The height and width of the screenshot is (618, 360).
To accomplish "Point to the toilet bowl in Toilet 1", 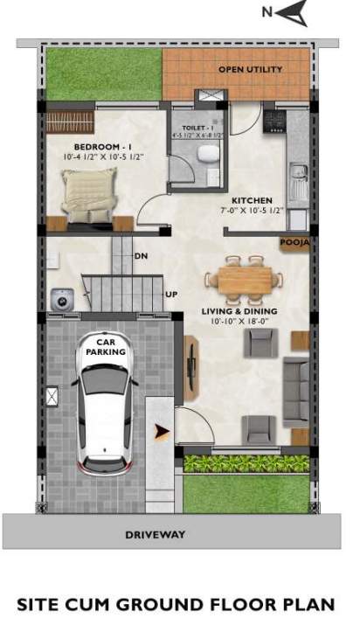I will point(207,155).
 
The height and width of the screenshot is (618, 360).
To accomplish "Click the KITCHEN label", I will point(251,200).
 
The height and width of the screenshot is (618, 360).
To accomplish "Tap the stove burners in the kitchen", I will point(274,118).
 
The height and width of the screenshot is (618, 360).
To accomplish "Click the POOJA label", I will point(294,245).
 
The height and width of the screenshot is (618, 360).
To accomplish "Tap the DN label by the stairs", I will point(142,256).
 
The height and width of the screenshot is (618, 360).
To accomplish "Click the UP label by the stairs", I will point(171,294).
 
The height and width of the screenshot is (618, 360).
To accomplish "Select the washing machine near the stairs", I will point(61,300).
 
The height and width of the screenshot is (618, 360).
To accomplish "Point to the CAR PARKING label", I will point(106,346).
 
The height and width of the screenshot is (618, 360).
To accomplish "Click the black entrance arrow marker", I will point(160,430).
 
